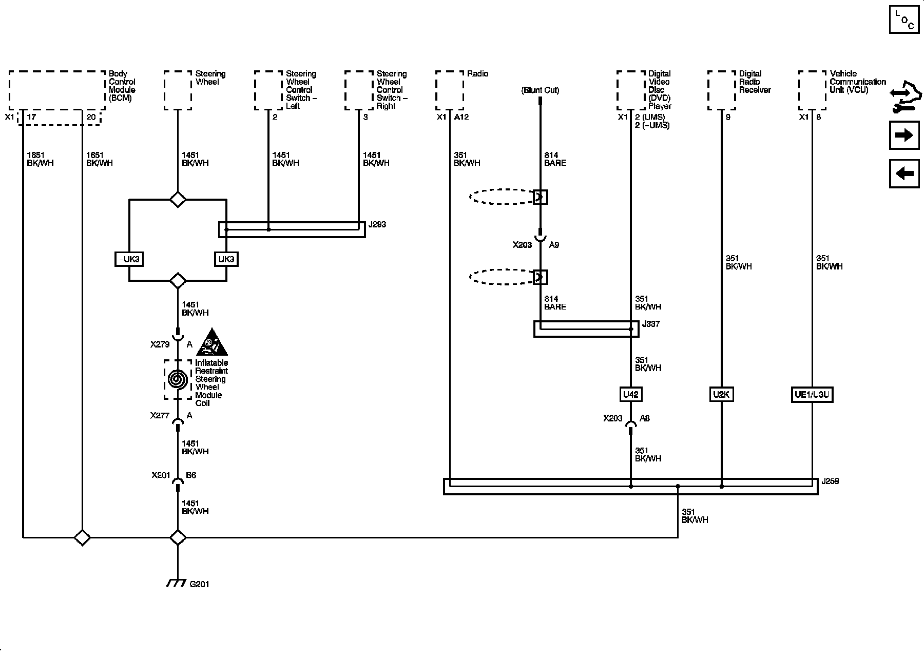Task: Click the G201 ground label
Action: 199,584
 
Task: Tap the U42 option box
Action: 630,394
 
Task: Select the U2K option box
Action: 721,394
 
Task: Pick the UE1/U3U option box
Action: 812,395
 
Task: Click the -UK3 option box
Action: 128,259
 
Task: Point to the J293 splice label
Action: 377,224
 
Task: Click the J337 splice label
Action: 651,324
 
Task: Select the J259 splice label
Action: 830,481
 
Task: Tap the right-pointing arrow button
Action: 904,136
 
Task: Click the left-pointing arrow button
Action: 904,173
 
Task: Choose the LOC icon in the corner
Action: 904,20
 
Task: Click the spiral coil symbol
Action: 178,379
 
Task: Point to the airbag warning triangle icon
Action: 212,342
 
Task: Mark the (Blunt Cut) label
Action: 540,90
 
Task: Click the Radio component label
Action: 477,74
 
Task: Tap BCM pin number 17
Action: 31,117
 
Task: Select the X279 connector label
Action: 160,344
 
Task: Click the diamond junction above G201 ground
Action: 178,537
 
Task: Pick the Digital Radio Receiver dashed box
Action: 721,90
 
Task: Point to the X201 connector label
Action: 161,475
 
